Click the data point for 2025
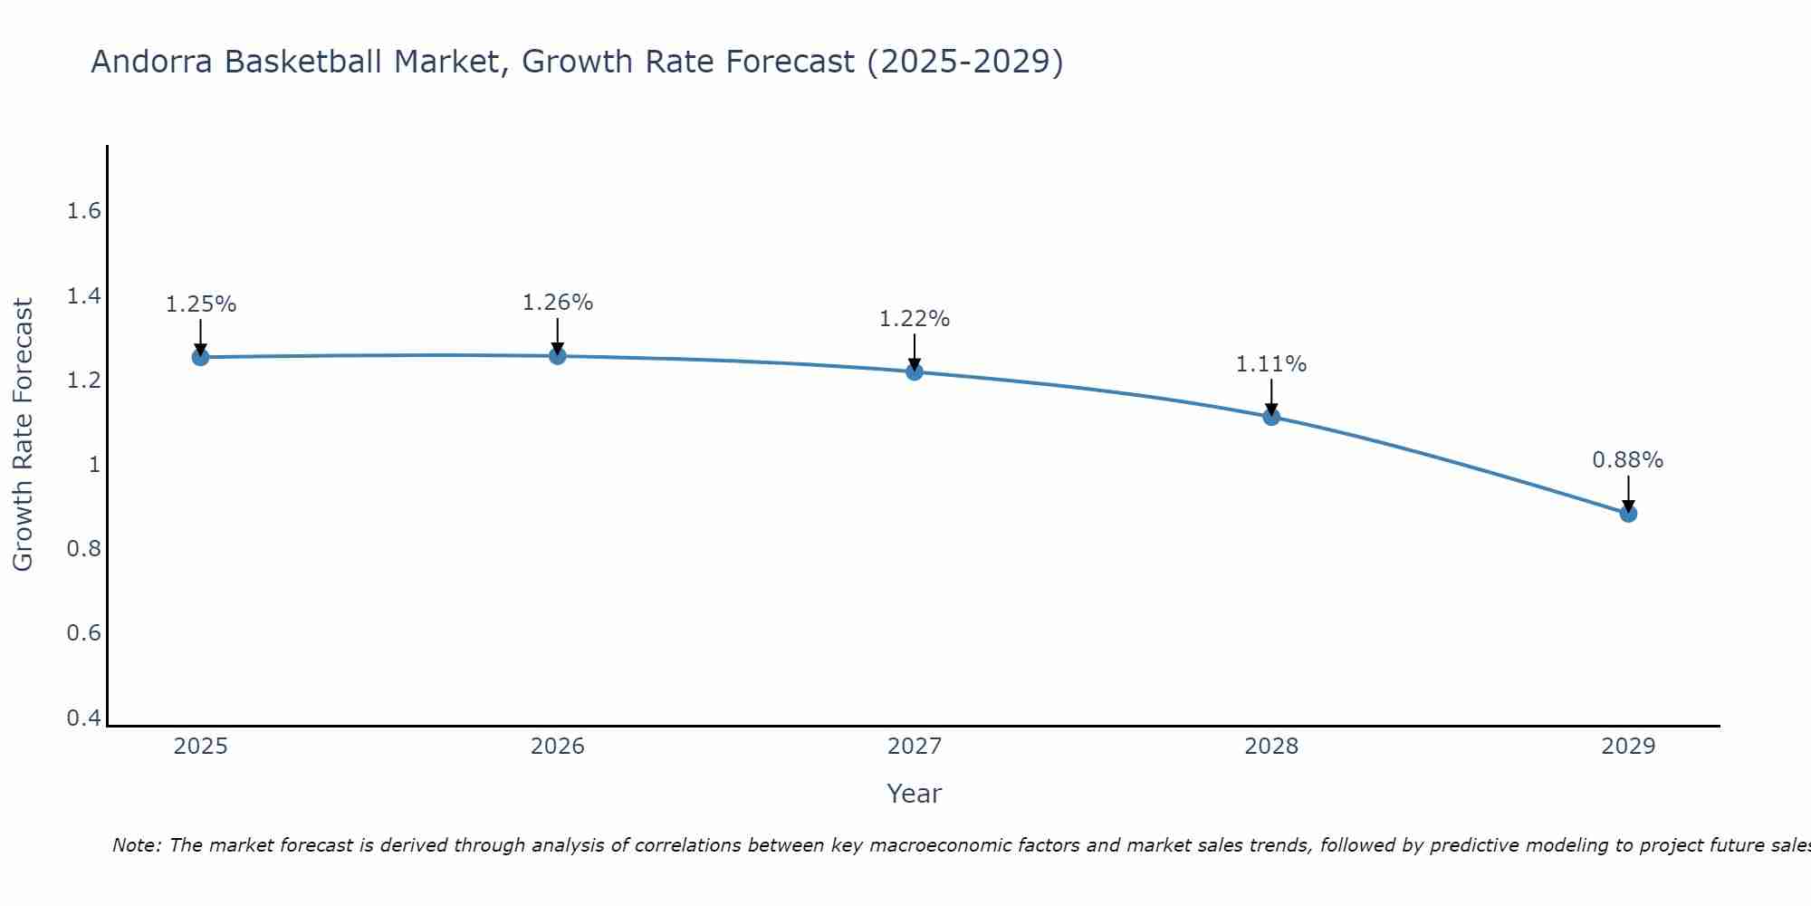pos(200,357)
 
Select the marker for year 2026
pos(558,356)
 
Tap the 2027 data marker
pos(915,371)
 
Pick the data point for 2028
pos(1271,417)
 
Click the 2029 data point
pos(1628,514)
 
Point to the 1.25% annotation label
pos(200,304)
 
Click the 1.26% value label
pos(558,303)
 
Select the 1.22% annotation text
pos(915,319)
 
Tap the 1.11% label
pos(1271,364)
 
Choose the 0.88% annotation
pos(1628,460)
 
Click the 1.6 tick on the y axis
pos(83,211)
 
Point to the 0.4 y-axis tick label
pos(83,718)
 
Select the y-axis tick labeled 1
pos(93,465)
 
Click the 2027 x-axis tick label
pos(915,747)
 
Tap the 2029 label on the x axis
pos(1628,747)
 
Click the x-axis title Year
pos(915,794)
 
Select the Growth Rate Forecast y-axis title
pos(23,435)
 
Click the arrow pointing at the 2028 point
pos(1271,396)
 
